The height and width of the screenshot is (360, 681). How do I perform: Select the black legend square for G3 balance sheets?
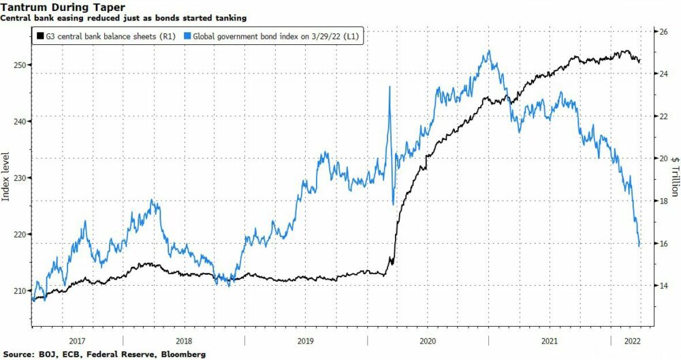(x=40, y=36)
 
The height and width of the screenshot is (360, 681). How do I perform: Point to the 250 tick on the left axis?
(x=20, y=65)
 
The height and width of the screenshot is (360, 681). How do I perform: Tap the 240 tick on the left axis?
(x=20, y=121)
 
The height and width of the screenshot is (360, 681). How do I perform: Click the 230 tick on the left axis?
(x=20, y=178)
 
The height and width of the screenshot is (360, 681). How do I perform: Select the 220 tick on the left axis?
(x=20, y=234)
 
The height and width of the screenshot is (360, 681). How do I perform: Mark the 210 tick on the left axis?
(x=20, y=291)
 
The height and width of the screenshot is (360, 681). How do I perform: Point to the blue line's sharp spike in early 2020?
(x=389, y=86)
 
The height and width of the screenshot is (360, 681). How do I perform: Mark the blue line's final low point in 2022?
(x=639, y=246)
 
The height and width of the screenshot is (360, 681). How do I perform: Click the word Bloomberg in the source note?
(x=183, y=355)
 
